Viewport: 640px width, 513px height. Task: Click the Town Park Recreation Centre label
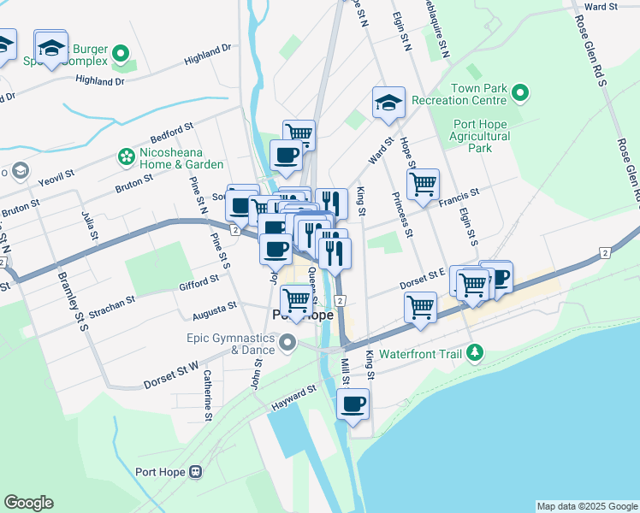pos(481,94)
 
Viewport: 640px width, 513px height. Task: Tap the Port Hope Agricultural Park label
pos(484,135)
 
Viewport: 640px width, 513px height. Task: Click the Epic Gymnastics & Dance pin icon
pos(287,344)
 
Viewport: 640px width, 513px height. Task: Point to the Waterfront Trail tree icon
pos(476,352)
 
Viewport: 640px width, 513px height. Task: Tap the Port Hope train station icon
pos(196,471)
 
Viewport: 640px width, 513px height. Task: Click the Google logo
pos(28,503)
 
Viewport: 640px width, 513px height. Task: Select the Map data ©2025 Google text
pos(586,506)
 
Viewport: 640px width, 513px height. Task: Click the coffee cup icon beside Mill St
pos(352,404)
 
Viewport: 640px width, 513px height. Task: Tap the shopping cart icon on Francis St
pos(423,184)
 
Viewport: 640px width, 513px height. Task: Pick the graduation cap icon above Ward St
pos(388,103)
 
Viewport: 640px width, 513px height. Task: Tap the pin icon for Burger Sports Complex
pos(121,56)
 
